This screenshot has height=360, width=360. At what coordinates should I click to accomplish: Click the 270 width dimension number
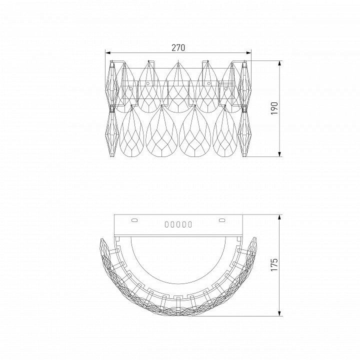pyautogui.click(x=178, y=47)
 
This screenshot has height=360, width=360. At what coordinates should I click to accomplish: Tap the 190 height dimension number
pyautogui.click(x=274, y=108)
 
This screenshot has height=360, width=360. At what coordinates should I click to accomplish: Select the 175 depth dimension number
pyautogui.click(x=274, y=264)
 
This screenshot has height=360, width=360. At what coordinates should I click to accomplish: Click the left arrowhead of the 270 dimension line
pyautogui.click(x=107, y=53)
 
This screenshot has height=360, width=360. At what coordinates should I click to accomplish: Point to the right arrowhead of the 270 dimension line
pyautogui.click(x=248, y=53)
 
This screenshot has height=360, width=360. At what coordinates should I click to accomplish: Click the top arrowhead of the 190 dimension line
pyautogui.click(x=279, y=63)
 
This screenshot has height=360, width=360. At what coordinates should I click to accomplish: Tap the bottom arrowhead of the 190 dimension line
pyautogui.click(x=279, y=154)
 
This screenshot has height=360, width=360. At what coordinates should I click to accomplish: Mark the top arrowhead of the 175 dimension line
pyautogui.click(x=279, y=217)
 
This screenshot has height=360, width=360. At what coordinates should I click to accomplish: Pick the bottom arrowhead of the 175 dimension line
pyautogui.click(x=279, y=313)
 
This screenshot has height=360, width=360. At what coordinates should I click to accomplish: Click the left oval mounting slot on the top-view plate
pyautogui.click(x=134, y=220)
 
